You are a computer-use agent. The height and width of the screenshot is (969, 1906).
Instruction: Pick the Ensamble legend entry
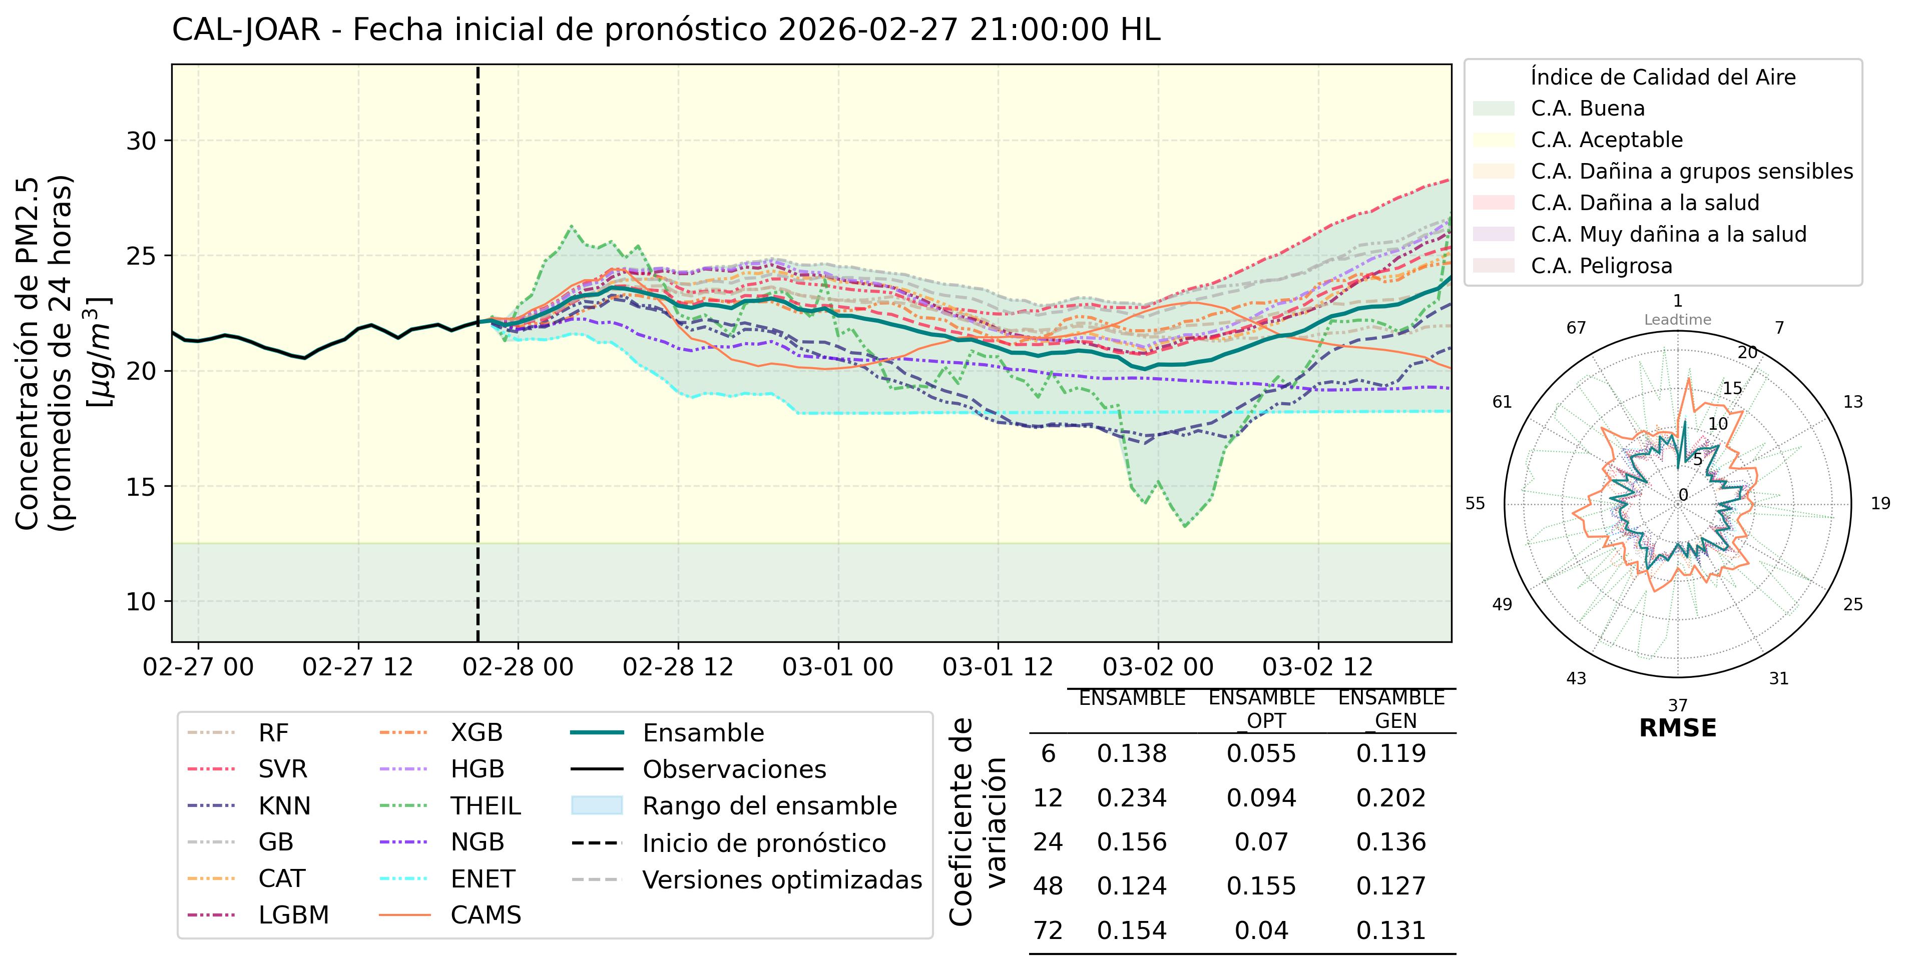[x=703, y=733]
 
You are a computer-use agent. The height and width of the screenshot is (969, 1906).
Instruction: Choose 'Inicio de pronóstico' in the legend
[x=764, y=843]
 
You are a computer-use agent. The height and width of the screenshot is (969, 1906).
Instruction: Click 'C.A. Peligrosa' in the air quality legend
[x=1601, y=266]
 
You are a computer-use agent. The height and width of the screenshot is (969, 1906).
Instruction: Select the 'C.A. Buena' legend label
[x=1587, y=109]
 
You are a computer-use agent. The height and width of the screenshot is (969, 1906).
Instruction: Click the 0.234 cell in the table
[x=1131, y=797]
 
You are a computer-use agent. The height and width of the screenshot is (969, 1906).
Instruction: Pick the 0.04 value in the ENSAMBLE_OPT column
[x=1261, y=930]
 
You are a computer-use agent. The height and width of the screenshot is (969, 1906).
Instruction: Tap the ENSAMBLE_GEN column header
[x=1391, y=709]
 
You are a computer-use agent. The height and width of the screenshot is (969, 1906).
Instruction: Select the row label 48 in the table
[x=1048, y=885]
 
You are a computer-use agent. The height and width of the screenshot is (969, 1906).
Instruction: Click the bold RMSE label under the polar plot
[x=1677, y=728]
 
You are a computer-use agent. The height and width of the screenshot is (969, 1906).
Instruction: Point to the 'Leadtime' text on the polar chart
[x=1677, y=320]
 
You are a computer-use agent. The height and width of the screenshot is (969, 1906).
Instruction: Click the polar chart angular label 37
[x=1677, y=705]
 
